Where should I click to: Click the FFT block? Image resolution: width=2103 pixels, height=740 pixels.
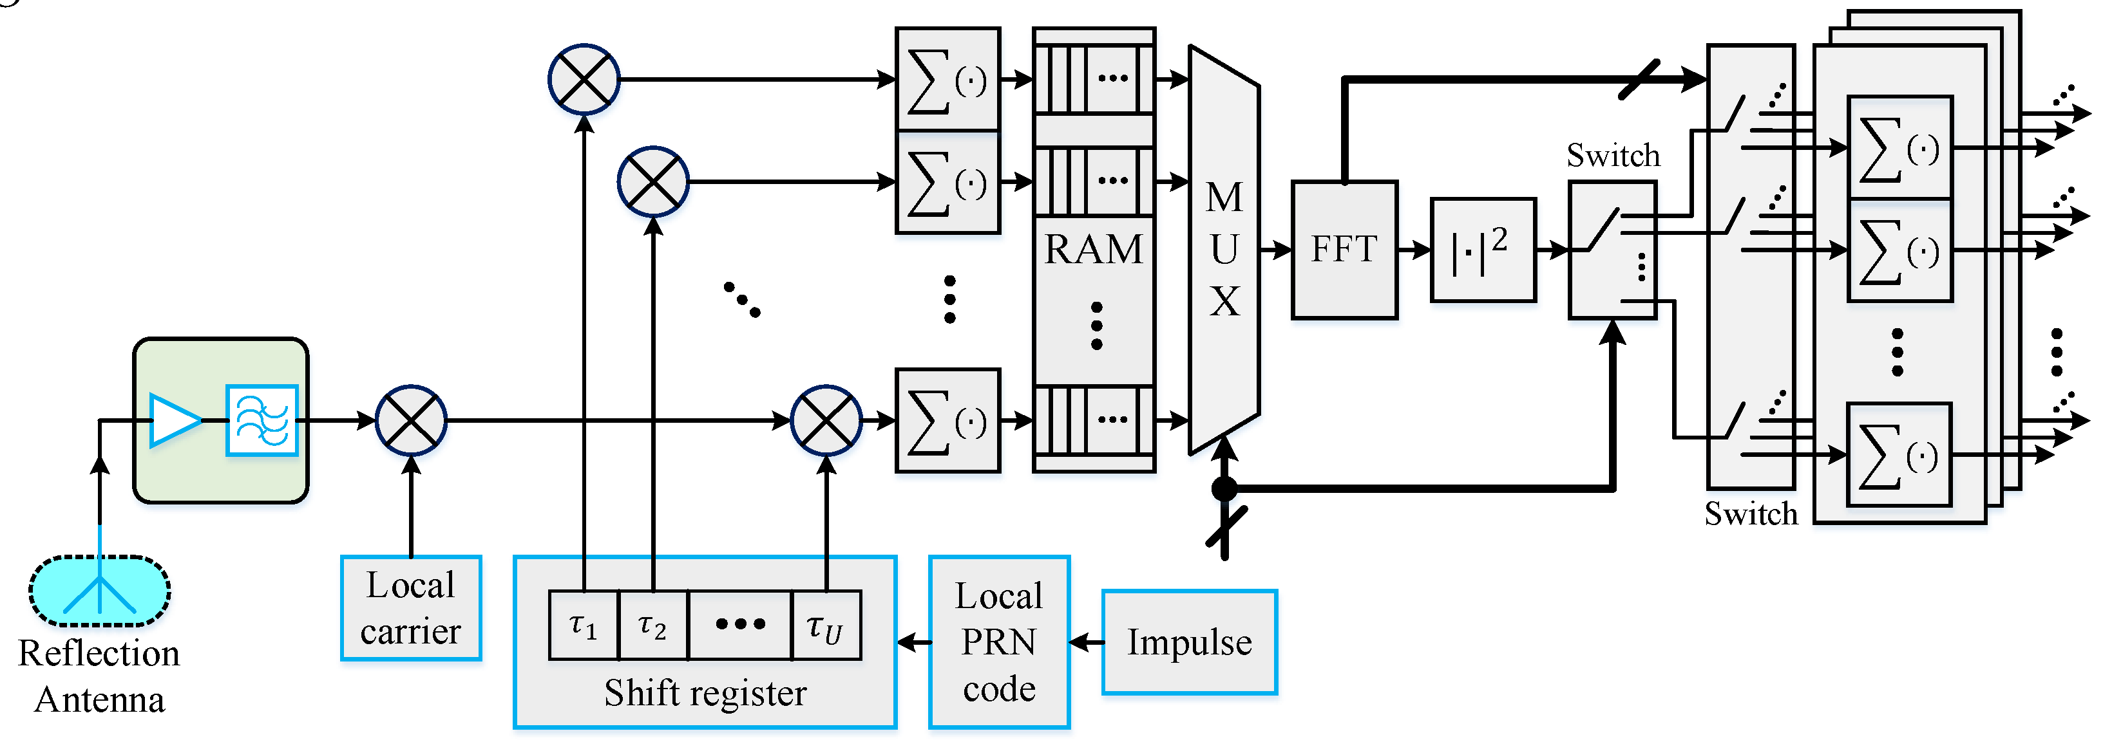1344,249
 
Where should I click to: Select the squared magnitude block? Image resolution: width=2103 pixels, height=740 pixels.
1483,250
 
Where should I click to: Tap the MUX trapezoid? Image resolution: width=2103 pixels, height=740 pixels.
1224,249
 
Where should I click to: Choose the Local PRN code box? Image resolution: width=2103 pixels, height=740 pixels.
998,642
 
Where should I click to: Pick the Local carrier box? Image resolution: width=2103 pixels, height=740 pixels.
411,608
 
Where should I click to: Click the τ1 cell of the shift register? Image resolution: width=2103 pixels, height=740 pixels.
584,625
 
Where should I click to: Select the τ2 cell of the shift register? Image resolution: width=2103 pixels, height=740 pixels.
653,625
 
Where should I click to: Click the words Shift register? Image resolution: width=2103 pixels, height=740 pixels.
705,692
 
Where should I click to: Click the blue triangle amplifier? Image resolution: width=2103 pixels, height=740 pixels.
174,420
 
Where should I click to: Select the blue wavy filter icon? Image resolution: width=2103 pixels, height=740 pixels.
262,420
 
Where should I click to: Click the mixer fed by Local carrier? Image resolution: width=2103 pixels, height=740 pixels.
411,420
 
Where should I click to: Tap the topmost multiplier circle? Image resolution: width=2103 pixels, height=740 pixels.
584,79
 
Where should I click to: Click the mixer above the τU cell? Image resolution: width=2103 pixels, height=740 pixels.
826,420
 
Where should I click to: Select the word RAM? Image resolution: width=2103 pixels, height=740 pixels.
1093,249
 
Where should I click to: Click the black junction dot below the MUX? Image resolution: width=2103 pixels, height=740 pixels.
1224,488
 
